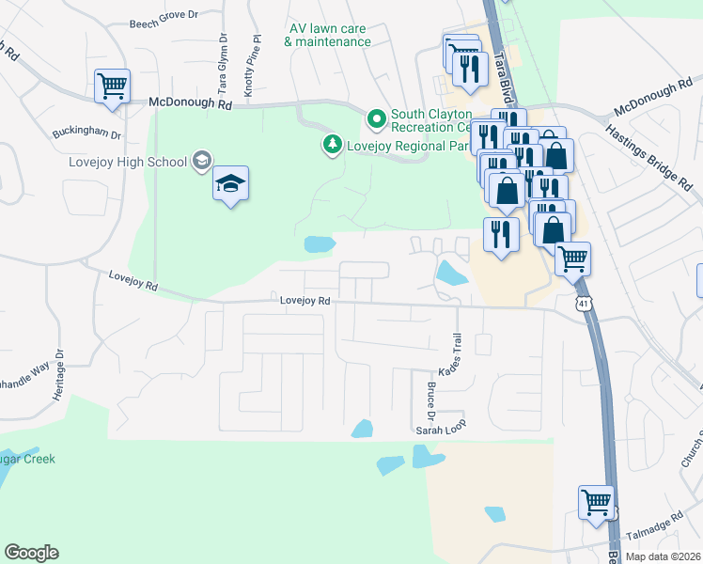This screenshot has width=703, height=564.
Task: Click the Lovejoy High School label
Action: [x=128, y=162]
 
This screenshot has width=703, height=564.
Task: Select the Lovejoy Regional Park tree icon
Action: [x=331, y=145]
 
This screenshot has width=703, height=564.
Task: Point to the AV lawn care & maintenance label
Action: [x=327, y=35]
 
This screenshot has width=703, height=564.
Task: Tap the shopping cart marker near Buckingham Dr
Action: [x=112, y=86]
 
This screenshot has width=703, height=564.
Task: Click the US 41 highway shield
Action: [x=585, y=304]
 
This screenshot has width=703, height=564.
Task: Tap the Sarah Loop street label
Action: [x=441, y=431]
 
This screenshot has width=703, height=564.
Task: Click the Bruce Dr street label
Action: [x=432, y=400]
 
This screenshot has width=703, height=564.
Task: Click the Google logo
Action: [x=31, y=553]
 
